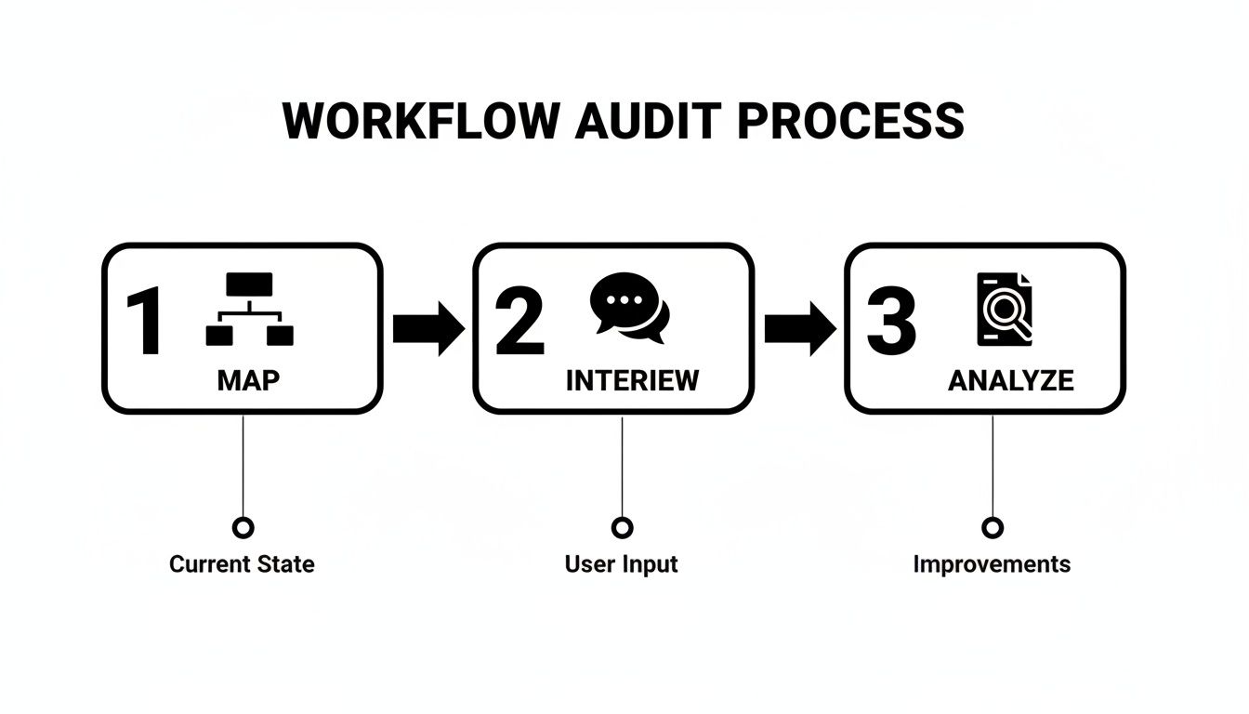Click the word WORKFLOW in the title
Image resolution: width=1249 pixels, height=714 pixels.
pyautogui.click(x=422, y=121)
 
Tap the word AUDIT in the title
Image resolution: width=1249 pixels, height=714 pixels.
pyautogui.click(x=648, y=121)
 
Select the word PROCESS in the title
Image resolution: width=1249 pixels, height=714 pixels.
pyautogui.click(x=849, y=121)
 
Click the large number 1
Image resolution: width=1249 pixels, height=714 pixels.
pyautogui.click(x=145, y=323)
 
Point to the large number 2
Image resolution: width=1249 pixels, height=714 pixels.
pyautogui.click(x=519, y=323)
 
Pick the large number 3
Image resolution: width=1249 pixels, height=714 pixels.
pyautogui.click(x=890, y=323)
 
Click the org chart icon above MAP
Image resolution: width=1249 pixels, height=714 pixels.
pyautogui.click(x=249, y=310)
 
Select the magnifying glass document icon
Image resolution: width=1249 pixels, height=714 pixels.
pyautogui.click(x=1004, y=309)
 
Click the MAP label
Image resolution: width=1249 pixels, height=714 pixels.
pyautogui.click(x=248, y=380)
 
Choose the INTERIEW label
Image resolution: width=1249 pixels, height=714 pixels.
pyautogui.click(x=632, y=380)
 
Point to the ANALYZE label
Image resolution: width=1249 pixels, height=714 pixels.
pyautogui.click(x=1011, y=380)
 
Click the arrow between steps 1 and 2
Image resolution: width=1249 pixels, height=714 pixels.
pyautogui.click(x=427, y=328)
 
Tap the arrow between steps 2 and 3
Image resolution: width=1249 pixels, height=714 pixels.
pyautogui.click(x=799, y=328)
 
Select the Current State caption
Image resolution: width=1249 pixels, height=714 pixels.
pyautogui.click(x=242, y=564)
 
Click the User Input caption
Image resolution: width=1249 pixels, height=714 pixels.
pyautogui.click(x=622, y=564)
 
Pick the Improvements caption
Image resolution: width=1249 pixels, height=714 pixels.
pyautogui.click(x=992, y=564)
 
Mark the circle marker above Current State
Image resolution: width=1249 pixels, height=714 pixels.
pyautogui.click(x=243, y=528)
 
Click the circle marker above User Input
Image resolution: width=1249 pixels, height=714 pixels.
pyautogui.click(x=622, y=528)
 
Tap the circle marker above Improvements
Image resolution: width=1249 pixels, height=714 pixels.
pyautogui.click(x=993, y=528)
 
